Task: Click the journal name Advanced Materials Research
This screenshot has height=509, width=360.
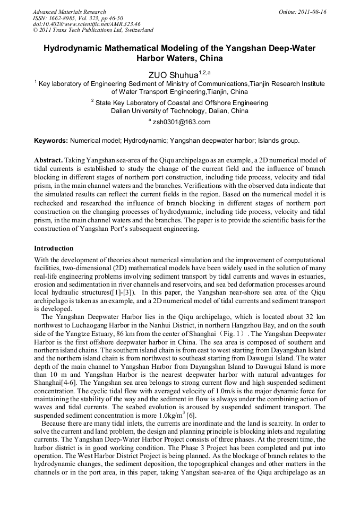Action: tap(69, 12)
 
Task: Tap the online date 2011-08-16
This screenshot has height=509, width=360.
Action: tap(312, 12)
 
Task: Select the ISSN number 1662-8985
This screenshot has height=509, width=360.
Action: tap(63, 18)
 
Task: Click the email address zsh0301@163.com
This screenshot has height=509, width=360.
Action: tap(181, 122)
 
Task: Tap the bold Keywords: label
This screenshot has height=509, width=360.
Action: tap(51, 141)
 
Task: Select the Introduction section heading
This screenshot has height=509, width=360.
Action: tap(54, 248)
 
